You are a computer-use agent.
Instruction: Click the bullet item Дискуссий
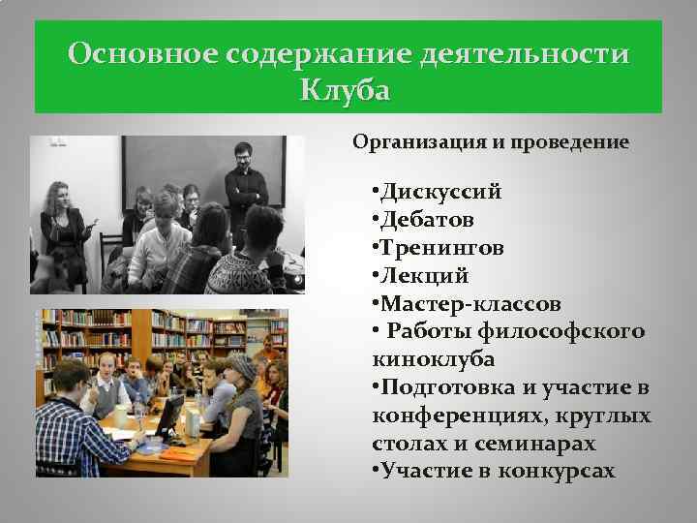[440, 191]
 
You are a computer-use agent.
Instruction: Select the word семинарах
[537, 444]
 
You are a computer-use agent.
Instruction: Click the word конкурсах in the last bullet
[557, 472]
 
